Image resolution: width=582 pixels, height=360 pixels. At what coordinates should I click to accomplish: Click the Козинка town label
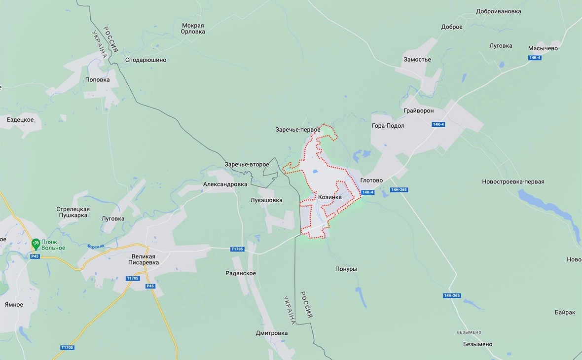click(x=330, y=197)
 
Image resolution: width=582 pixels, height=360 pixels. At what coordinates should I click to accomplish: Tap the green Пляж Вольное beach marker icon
click(x=36, y=244)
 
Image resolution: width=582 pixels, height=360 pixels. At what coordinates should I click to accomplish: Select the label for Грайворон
click(x=418, y=111)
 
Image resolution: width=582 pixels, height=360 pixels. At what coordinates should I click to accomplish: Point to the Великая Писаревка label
click(x=143, y=259)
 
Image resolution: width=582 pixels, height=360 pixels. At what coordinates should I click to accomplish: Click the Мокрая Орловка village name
click(x=193, y=29)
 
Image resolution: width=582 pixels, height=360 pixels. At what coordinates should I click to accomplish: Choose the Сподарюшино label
click(x=145, y=60)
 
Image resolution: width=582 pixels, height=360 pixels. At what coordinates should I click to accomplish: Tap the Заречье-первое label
click(x=297, y=130)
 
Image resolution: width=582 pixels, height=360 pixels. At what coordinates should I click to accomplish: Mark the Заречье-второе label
click(x=247, y=164)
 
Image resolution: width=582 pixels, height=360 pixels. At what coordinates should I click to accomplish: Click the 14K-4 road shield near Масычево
click(x=535, y=58)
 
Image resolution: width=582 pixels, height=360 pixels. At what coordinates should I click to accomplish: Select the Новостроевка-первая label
click(x=513, y=182)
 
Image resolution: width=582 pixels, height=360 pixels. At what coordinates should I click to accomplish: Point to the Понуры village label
click(x=346, y=269)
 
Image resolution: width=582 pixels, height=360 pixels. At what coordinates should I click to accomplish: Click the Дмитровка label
click(x=271, y=333)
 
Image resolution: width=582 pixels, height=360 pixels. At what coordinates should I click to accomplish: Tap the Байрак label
click(x=565, y=313)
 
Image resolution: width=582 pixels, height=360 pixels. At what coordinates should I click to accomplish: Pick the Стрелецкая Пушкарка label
click(x=73, y=212)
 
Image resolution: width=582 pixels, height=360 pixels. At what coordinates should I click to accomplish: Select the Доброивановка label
click(x=498, y=11)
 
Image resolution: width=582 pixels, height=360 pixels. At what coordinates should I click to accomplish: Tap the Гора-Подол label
click(x=388, y=126)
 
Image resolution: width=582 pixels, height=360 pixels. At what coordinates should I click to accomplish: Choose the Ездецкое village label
click(x=20, y=120)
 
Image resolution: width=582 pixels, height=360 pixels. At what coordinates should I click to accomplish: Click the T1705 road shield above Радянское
click(x=237, y=249)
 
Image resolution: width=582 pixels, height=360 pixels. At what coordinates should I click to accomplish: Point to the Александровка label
click(x=225, y=184)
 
